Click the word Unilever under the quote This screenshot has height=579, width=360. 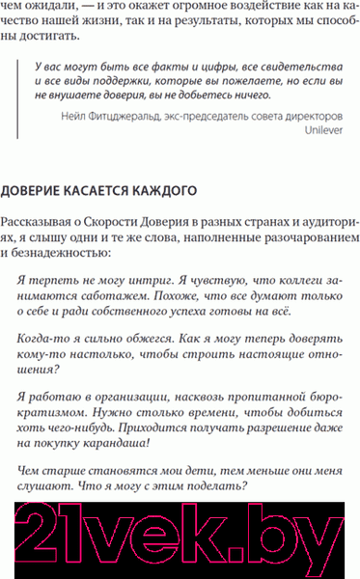tap(322, 128)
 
